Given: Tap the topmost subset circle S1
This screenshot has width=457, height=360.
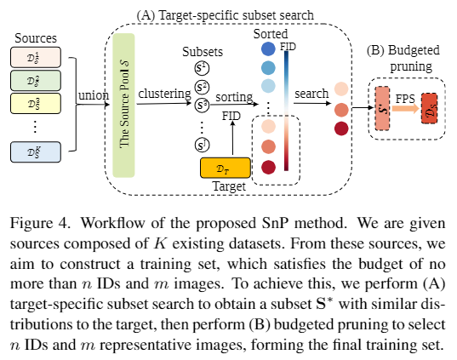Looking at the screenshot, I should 202,70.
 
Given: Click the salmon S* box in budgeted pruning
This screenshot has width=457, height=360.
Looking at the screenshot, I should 382,109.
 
